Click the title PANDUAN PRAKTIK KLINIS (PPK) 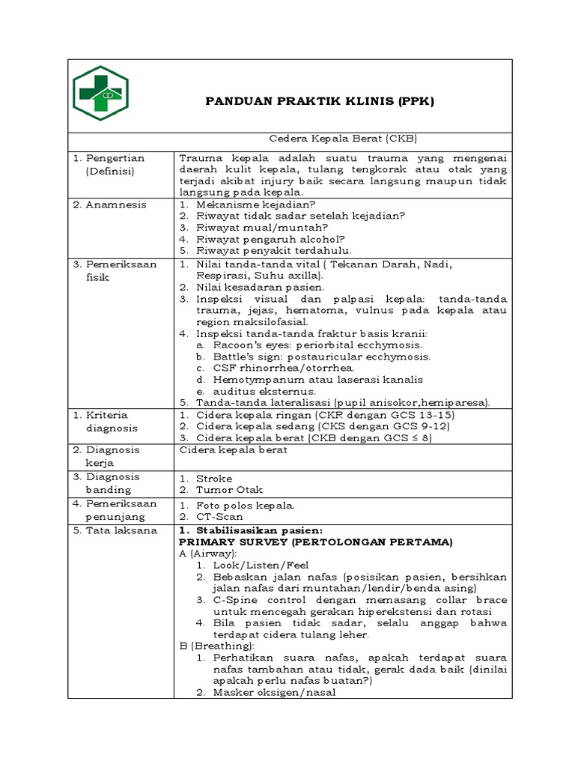320,101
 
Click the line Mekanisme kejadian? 255,204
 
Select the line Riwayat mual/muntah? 262,227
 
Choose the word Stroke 213,478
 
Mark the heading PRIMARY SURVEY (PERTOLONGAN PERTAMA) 317,542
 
